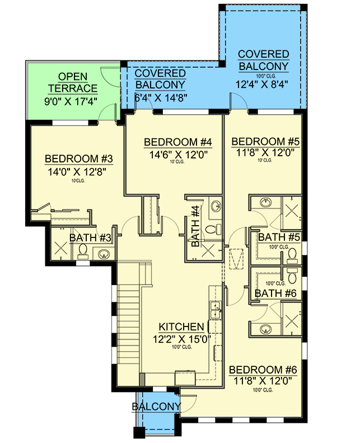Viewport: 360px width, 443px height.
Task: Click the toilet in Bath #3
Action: coord(82,252)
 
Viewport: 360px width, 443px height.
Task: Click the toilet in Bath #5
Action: coord(292,256)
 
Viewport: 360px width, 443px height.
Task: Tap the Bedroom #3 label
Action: coord(79,159)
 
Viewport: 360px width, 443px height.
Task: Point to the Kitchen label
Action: coord(181,327)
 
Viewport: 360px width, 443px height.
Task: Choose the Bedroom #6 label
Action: coord(263,370)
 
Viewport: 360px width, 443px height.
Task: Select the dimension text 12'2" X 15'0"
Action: coord(181,338)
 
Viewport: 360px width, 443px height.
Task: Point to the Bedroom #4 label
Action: coord(170,142)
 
